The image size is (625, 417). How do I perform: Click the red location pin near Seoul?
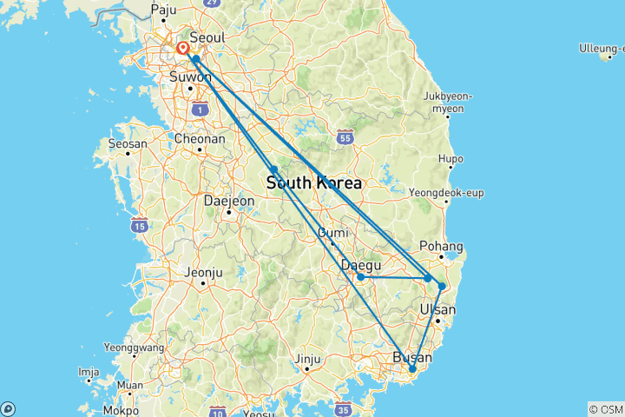click(183, 48)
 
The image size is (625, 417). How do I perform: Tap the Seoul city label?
click(207, 38)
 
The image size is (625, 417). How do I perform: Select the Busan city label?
click(412, 357)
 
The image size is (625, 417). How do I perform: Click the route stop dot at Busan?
click(412, 369)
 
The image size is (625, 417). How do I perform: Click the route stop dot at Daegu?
click(360, 277)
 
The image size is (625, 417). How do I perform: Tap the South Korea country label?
click(313, 183)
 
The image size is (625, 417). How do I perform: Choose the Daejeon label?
click(229, 201)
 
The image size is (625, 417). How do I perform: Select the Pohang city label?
click(441, 246)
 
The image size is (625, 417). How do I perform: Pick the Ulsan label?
click(437, 310)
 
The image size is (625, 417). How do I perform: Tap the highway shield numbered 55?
click(345, 137)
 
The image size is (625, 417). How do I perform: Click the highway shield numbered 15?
click(138, 226)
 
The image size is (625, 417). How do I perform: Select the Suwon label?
click(190, 77)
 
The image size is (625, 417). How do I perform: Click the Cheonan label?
click(201, 138)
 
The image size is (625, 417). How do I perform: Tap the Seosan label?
click(123, 143)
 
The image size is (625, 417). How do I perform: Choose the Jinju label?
click(308, 359)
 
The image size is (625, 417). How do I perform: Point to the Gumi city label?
click(333, 233)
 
